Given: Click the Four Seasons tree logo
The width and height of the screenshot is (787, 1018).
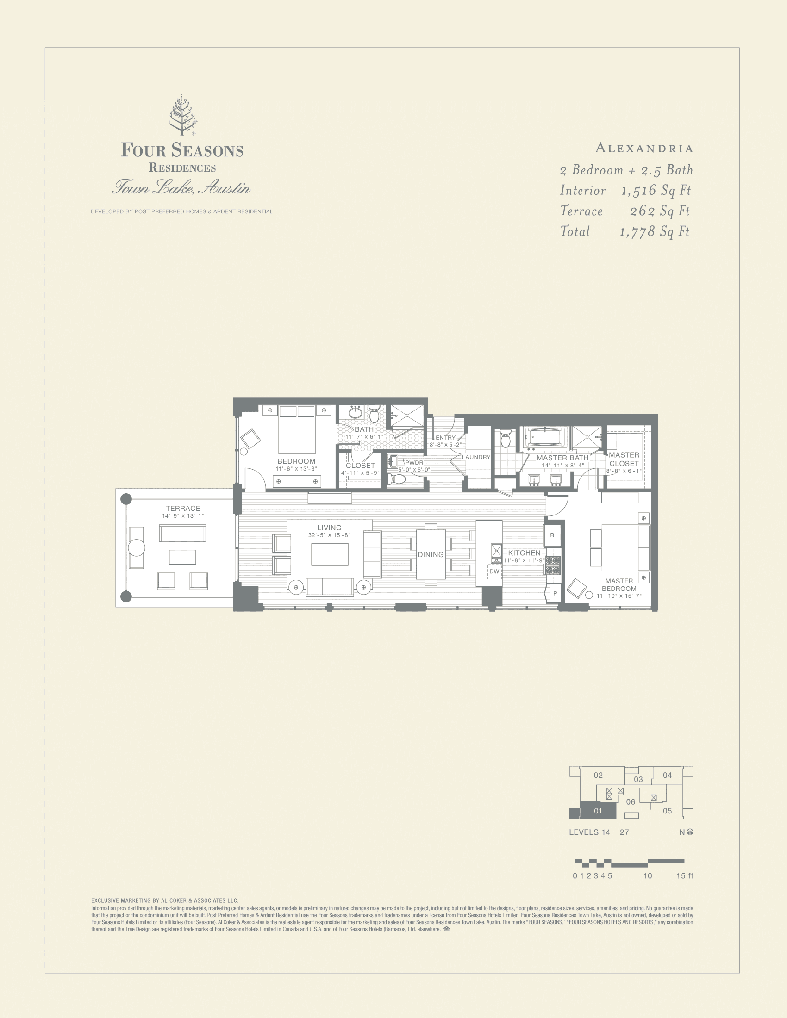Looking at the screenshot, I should pyautogui.click(x=182, y=115).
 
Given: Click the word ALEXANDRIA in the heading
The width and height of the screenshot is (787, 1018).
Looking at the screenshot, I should pyautogui.click(x=644, y=148).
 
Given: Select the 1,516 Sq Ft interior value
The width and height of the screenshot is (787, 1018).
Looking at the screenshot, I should pyautogui.click(x=656, y=190).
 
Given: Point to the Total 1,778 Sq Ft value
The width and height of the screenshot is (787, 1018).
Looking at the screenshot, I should pyautogui.click(x=654, y=231).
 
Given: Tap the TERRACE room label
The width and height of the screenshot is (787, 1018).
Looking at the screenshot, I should pyautogui.click(x=183, y=508).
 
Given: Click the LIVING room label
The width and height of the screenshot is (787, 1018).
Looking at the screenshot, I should pyautogui.click(x=329, y=528).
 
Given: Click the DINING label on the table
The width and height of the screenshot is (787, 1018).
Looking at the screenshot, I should pyautogui.click(x=431, y=554).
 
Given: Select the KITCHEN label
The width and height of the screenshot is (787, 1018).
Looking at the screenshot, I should pyautogui.click(x=524, y=552).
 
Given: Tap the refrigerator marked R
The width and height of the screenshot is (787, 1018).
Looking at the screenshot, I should pyautogui.click(x=552, y=535).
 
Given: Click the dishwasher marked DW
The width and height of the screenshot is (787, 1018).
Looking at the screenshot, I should pyautogui.click(x=494, y=571).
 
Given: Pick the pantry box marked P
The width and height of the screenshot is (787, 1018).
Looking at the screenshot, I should pyautogui.click(x=555, y=593).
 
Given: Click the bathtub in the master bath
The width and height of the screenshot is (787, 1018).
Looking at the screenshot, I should pyautogui.click(x=544, y=437).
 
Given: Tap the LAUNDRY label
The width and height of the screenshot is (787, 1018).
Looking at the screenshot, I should pyautogui.click(x=476, y=457).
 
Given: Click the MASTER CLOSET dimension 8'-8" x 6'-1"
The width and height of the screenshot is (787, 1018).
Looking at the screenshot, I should pyautogui.click(x=624, y=471).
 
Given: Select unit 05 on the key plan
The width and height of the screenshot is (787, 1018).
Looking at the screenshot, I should pyautogui.click(x=667, y=811).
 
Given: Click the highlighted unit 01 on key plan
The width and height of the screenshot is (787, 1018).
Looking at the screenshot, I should pyautogui.click(x=598, y=811).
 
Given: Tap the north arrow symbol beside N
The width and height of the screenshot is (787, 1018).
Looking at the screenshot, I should pyautogui.click(x=690, y=832).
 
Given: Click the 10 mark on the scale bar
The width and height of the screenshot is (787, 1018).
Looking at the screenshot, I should pyautogui.click(x=648, y=875).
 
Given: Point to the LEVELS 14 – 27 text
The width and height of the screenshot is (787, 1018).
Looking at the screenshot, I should pyautogui.click(x=599, y=832).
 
